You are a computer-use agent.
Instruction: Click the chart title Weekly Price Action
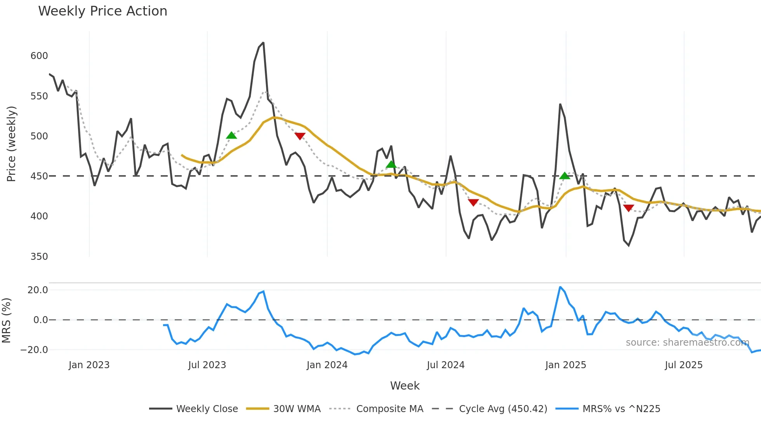103,11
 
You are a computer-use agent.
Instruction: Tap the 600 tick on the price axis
39,56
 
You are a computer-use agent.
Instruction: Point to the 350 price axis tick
39,257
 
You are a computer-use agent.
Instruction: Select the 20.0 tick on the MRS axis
38,290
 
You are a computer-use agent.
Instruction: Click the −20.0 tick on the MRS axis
34,350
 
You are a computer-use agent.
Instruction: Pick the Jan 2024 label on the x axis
327,365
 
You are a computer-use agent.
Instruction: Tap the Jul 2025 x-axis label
683,365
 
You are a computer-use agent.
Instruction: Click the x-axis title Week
405,386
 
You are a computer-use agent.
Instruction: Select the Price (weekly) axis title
11,144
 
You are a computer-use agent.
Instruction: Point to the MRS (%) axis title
6,320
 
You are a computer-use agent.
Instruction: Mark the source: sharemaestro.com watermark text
687,343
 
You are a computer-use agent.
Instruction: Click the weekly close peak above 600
263,43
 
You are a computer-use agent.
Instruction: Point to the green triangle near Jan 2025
565,176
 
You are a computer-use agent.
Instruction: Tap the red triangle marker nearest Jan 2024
300,136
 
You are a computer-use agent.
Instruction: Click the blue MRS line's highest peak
560,287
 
